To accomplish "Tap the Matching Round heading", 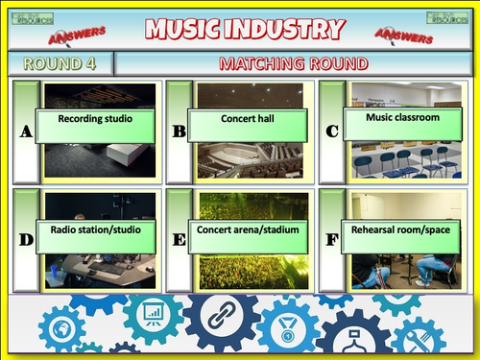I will click(294, 64).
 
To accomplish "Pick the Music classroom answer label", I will click(403, 119).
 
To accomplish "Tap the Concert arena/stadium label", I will click(248, 231).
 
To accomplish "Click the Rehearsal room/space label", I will click(402, 230).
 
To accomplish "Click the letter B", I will click(179, 132).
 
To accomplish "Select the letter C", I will click(332, 132).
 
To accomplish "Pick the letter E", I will click(179, 240).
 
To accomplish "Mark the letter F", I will click(332, 240).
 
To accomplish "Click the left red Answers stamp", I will click(82, 35).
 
